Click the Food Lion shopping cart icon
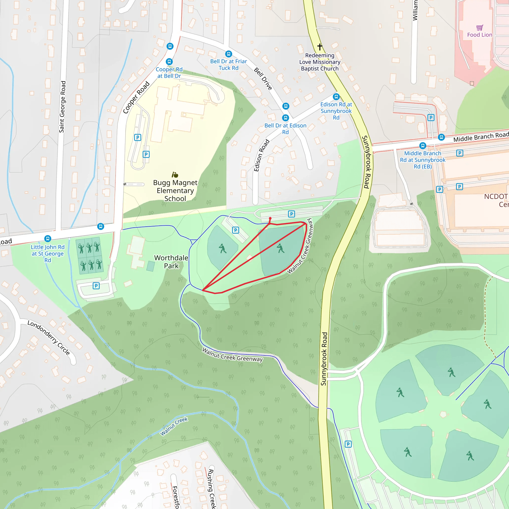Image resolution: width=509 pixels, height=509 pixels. click(480, 27)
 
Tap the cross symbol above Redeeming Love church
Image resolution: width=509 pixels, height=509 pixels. click(320, 47)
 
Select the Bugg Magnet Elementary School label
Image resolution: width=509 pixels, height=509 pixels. click(175, 190)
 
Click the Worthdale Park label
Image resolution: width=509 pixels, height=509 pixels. click(171, 262)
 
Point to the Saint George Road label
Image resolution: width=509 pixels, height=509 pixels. click(62, 107)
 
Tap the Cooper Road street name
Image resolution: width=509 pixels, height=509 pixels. click(136, 98)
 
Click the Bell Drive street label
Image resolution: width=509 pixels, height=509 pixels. click(263, 79)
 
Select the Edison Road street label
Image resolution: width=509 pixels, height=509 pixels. click(262, 155)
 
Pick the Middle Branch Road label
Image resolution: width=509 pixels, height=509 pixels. click(481, 137)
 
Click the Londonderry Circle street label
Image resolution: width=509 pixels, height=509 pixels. click(49, 338)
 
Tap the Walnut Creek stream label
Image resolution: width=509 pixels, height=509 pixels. click(174, 426)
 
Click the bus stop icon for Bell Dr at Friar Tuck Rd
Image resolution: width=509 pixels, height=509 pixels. click(229, 54)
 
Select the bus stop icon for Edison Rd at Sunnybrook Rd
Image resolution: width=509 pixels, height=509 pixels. click(336, 97)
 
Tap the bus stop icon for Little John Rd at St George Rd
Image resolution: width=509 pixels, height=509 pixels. click(48, 239)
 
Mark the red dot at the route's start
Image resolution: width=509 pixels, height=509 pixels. click(270, 218)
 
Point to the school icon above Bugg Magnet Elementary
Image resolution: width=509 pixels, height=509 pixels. click(175, 175)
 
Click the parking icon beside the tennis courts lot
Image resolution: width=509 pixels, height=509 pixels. click(96, 286)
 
